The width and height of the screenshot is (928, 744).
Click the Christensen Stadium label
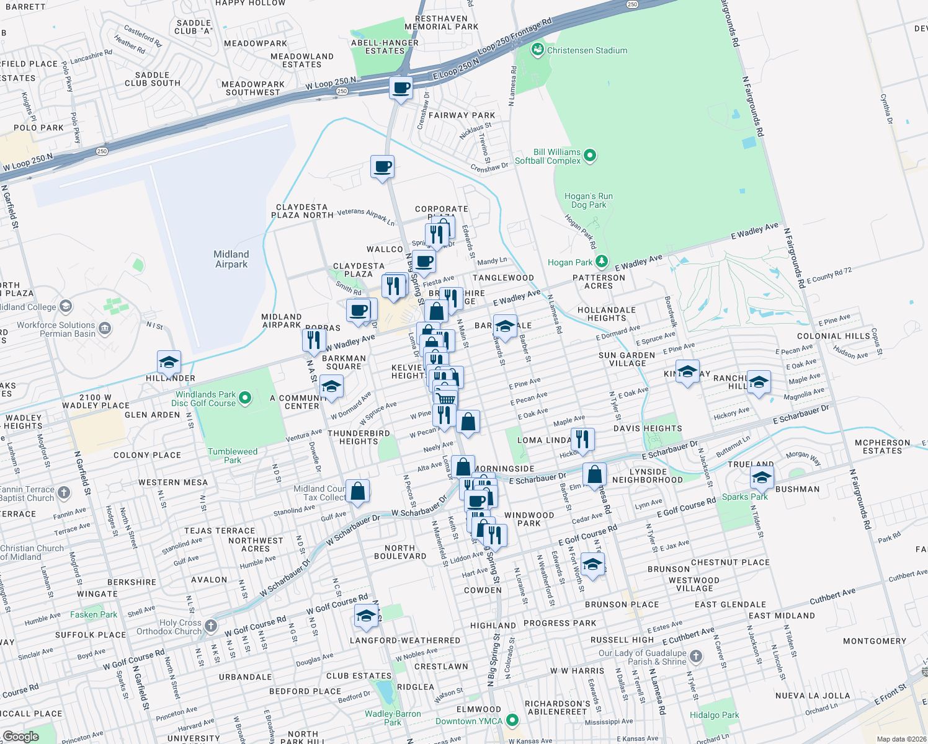coord(587,50)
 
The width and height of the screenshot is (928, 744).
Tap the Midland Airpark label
coord(231,259)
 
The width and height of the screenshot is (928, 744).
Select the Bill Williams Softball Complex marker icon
coord(590,155)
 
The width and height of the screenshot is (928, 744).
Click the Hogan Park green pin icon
coord(601,261)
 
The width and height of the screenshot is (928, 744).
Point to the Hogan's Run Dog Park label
coord(589,200)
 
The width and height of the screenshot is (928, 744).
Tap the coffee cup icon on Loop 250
coord(401,87)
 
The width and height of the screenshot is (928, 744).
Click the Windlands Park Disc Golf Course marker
coord(245,397)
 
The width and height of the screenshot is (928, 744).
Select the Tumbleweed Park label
coord(233,456)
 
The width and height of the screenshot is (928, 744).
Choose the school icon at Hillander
coord(169,361)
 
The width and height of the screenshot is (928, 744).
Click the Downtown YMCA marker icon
coord(512,720)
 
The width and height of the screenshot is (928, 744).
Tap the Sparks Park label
coord(744,497)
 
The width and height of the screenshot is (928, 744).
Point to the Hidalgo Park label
coord(714,715)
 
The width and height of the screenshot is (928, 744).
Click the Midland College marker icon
coord(66,306)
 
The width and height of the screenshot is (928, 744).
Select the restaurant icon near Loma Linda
coord(582,439)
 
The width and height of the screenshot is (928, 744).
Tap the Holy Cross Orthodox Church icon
coord(211,626)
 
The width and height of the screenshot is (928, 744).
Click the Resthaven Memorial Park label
coord(441,23)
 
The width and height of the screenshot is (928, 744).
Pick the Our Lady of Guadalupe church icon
coord(696,656)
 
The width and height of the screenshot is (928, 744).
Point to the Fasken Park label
coord(93,614)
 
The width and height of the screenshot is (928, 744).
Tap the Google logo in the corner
coord(20,736)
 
